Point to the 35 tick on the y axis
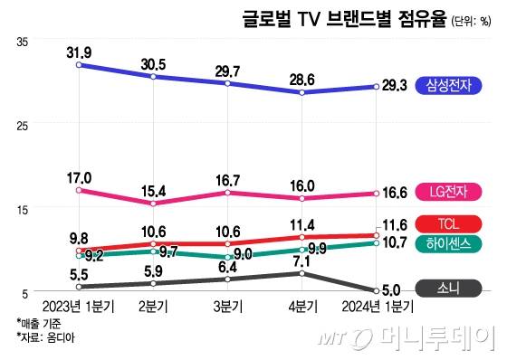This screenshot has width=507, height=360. pos(24,41)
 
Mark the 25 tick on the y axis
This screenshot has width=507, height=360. pos(24,125)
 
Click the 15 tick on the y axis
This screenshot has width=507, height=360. pos(24,208)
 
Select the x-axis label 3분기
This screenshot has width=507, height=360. pos(227,308)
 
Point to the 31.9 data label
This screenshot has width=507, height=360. pos(80,51)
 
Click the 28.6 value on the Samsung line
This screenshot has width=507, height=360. pos(301,80)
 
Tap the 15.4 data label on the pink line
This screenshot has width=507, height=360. pos(153,192)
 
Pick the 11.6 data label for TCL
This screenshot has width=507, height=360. pos(397,223)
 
